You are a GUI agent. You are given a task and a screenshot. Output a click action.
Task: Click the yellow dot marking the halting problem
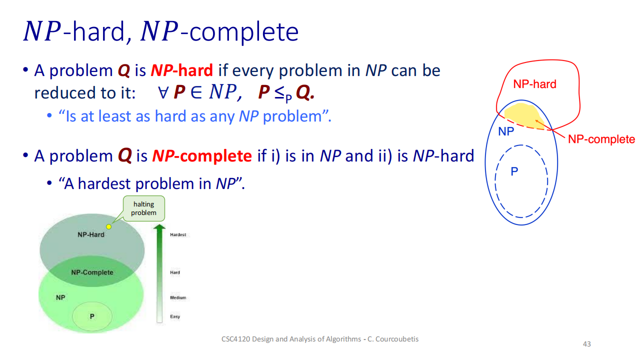click(108, 226)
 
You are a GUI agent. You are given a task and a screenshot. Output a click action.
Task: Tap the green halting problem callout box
click(144, 208)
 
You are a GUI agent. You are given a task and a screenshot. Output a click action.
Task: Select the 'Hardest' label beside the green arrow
click(178, 234)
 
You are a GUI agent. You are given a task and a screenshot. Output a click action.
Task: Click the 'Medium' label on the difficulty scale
click(178, 297)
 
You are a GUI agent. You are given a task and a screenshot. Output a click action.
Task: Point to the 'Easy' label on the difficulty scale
click(175, 316)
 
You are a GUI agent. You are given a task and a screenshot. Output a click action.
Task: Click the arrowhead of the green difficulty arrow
click(159, 227)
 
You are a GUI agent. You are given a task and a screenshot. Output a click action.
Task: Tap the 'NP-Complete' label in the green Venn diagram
click(92, 272)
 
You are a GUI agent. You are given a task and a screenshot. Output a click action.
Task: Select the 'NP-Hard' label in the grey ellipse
click(91, 234)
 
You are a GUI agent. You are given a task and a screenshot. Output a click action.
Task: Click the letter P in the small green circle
click(92, 316)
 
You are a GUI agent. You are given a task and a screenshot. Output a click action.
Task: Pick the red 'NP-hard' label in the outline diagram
click(534, 84)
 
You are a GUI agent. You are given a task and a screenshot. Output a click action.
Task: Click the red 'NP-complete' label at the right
click(601, 139)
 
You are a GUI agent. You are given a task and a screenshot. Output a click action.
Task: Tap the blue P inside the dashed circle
click(514, 171)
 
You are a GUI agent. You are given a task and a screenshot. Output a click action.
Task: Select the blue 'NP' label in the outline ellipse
click(506, 131)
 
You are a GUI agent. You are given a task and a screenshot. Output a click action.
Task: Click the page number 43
click(587, 344)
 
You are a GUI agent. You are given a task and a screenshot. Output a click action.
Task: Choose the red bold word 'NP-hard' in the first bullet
click(181, 70)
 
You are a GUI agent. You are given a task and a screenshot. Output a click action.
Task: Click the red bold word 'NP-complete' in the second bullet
click(202, 156)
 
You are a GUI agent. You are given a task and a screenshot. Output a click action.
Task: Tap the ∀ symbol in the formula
click(163, 92)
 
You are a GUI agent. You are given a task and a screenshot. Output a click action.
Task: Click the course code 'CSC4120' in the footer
click(235, 339)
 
